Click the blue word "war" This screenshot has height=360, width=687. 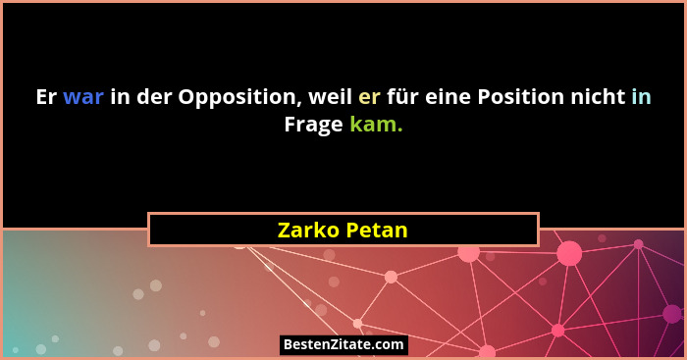[82, 97]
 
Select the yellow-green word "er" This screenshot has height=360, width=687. [369, 97]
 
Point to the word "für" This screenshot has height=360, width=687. [403, 97]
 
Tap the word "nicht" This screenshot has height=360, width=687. [599, 97]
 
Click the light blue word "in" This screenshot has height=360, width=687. [641, 97]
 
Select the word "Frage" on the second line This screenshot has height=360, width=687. [313, 125]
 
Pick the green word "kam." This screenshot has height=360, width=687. [376, 125]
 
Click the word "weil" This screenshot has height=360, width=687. [328, 97]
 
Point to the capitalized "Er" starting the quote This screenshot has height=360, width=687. [46, 97]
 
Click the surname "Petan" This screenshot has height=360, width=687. [378, 230]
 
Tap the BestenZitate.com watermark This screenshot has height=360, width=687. [343, 344]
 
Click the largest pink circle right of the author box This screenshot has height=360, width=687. [569, 253]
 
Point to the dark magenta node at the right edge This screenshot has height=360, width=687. [672, 314]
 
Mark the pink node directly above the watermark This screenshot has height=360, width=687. [357, 323]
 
